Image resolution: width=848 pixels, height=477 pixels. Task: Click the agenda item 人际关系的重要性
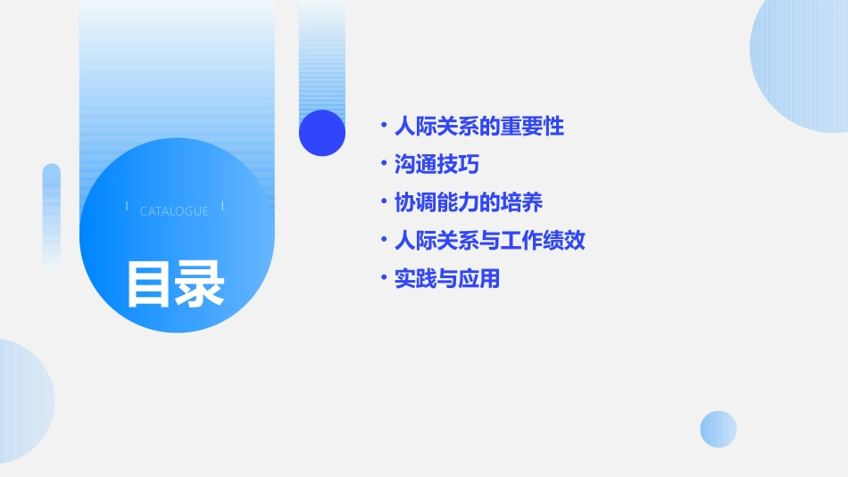pos(479,127)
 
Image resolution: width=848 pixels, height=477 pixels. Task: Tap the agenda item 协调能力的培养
pos(469,203)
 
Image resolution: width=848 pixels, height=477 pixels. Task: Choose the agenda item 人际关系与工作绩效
pos(489,241)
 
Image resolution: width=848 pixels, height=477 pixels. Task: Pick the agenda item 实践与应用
pos(447,279)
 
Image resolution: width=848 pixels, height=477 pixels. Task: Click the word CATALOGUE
pos(174,211)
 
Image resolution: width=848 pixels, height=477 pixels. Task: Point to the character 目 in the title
pos(148,284)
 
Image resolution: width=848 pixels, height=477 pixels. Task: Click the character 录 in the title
pos(200,284)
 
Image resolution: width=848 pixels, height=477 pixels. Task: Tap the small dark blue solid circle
pos(322,133)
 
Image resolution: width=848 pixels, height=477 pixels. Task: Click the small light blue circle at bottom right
pos(719,429)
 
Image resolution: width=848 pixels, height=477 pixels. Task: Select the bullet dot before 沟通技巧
pos(383,165)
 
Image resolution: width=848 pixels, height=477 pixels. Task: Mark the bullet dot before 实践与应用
pos(383,279)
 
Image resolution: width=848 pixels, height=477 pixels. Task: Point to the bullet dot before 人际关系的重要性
pos(383,127)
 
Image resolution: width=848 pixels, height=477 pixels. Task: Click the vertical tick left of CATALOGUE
pos(127,207)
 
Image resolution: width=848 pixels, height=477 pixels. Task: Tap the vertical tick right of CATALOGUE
pos(222,207)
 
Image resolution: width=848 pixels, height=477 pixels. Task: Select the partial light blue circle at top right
pos(803,62)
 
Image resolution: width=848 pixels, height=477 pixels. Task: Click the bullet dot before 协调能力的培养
pos(383,203)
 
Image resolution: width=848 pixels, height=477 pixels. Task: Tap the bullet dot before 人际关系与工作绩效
pos(383,241)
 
